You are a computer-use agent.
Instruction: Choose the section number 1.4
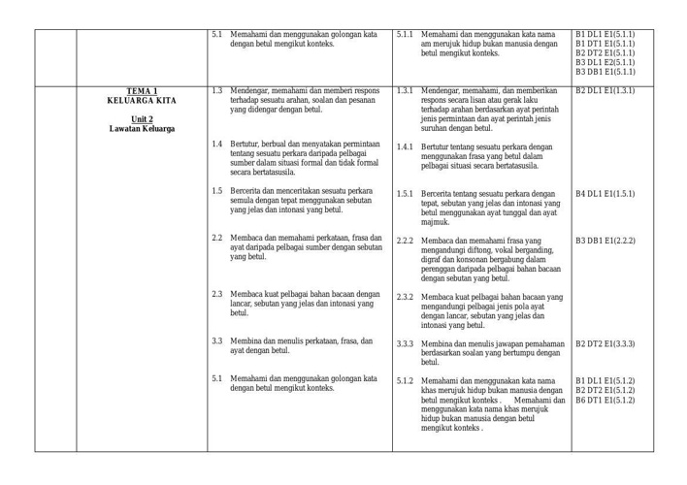tap(217, 145)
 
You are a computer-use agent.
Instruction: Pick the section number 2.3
tap(217, 294)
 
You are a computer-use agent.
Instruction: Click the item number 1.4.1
tap(406, 146)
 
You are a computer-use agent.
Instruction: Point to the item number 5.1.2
tap(406, 380)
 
